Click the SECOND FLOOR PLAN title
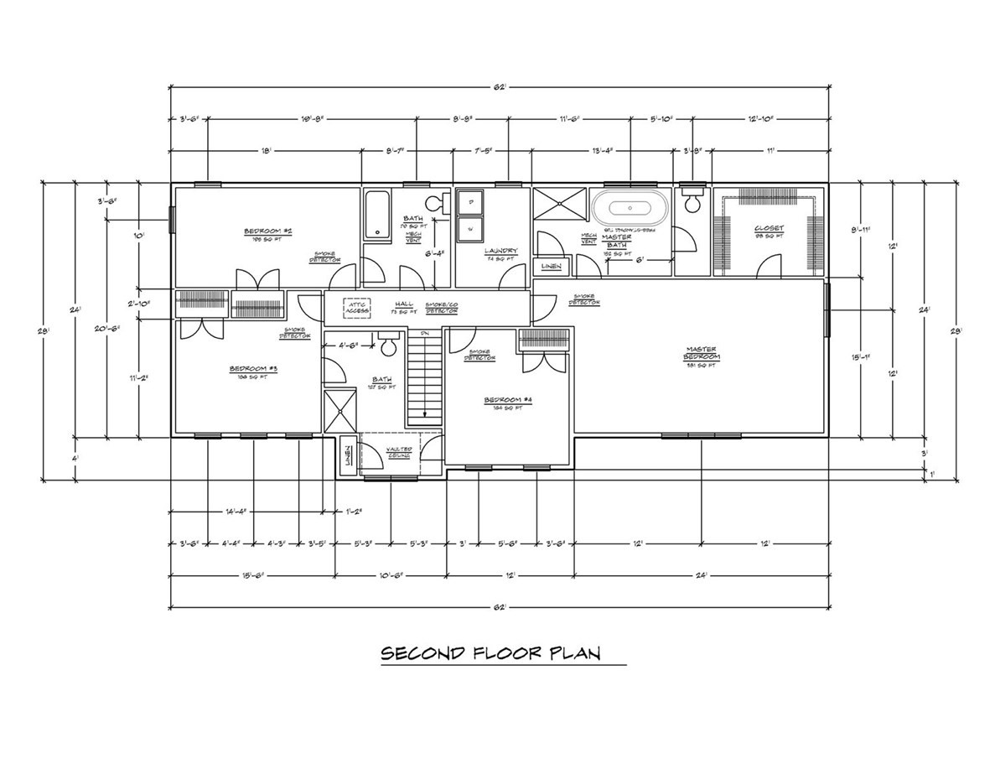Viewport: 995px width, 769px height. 491,653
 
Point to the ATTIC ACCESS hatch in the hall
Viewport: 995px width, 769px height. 356,306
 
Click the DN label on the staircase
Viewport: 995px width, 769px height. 424,334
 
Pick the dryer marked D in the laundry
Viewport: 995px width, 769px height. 469,202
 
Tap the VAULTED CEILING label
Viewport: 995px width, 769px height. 398,451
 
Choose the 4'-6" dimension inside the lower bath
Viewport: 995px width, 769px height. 348,344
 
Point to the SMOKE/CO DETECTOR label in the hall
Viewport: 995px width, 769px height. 441,307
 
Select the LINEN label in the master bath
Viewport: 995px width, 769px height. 551,267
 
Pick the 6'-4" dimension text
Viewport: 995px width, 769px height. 434,253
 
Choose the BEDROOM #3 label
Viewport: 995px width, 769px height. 253,368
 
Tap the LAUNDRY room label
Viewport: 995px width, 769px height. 500,251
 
